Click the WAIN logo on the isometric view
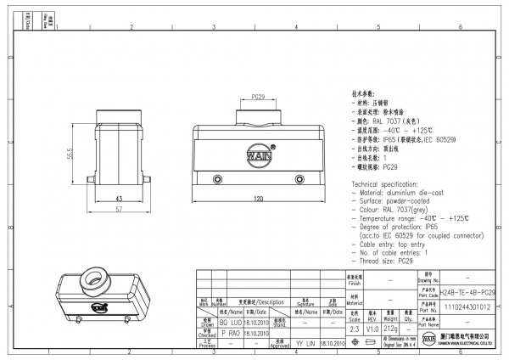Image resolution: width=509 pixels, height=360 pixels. (x=98, y=308)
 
